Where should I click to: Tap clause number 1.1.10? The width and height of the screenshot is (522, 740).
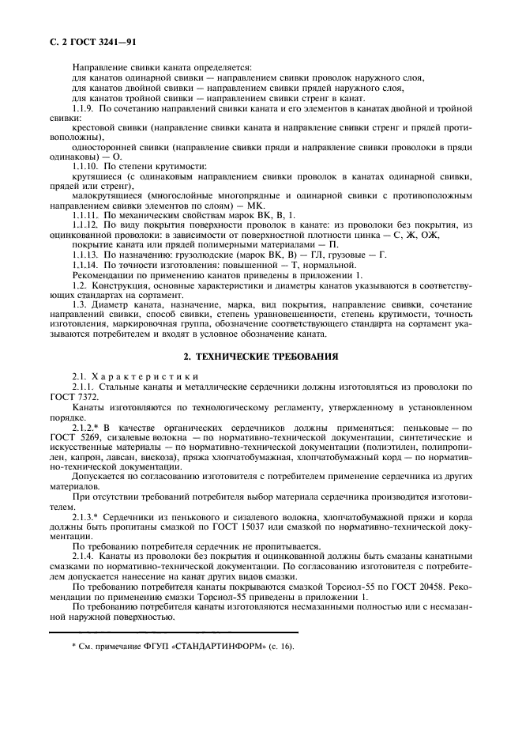point(86,166)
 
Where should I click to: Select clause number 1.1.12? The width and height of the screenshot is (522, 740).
point(86,225)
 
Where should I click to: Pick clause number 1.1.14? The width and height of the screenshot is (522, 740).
point(86,265)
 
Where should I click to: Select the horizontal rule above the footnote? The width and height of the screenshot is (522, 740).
point(174,632)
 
